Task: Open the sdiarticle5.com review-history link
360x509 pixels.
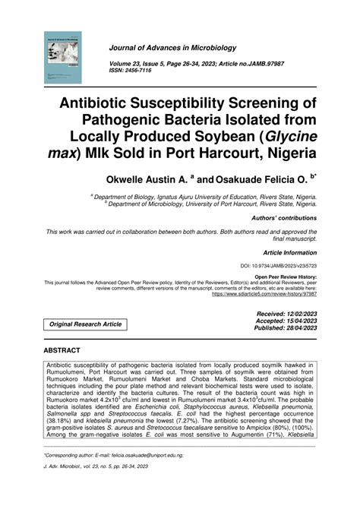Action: coord(263,292)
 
